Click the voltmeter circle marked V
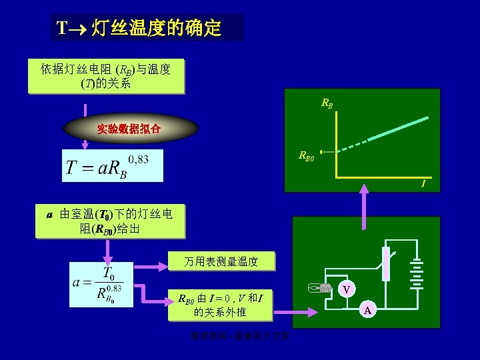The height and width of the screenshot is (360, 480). point(346,289)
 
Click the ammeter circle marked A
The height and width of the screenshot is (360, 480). point(369,309)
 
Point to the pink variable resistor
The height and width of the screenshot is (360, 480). point(385,263)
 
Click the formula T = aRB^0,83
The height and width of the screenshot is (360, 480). point(113,166)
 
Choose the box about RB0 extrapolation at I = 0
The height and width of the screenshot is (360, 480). point(220,304)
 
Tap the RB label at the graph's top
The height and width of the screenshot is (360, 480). point(327,104)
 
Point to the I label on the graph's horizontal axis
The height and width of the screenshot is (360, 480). point(423,183)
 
